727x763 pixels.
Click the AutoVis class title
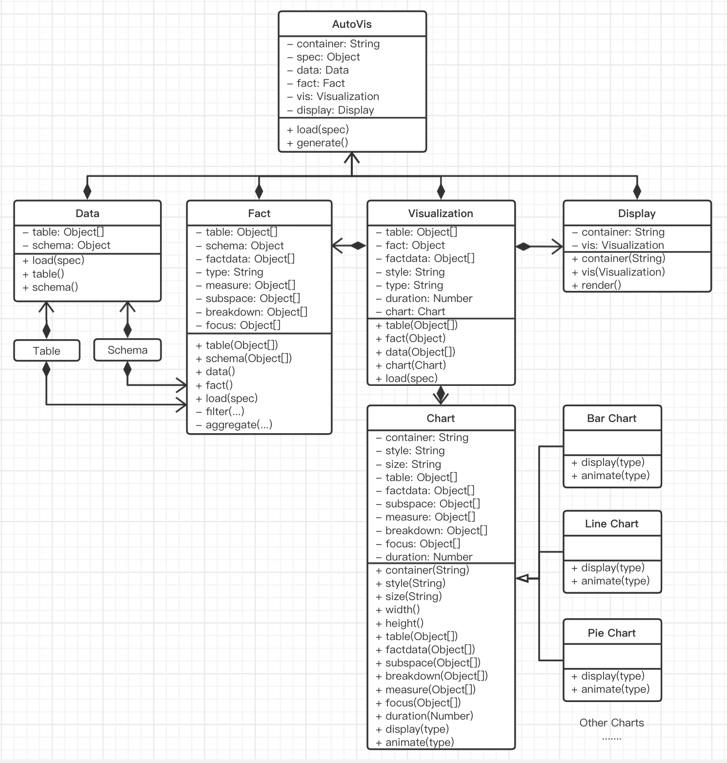click(352, 24)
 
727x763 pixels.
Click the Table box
click(47, 351)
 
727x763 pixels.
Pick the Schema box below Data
click(127, 350)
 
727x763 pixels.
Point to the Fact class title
click(259, 213)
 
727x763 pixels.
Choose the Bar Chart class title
click(612, 418)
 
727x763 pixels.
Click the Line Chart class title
click(612, 524)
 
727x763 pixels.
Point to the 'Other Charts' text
click(612, 723)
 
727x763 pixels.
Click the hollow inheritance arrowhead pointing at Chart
click(522, 579)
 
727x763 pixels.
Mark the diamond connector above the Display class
click(637, 190)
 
